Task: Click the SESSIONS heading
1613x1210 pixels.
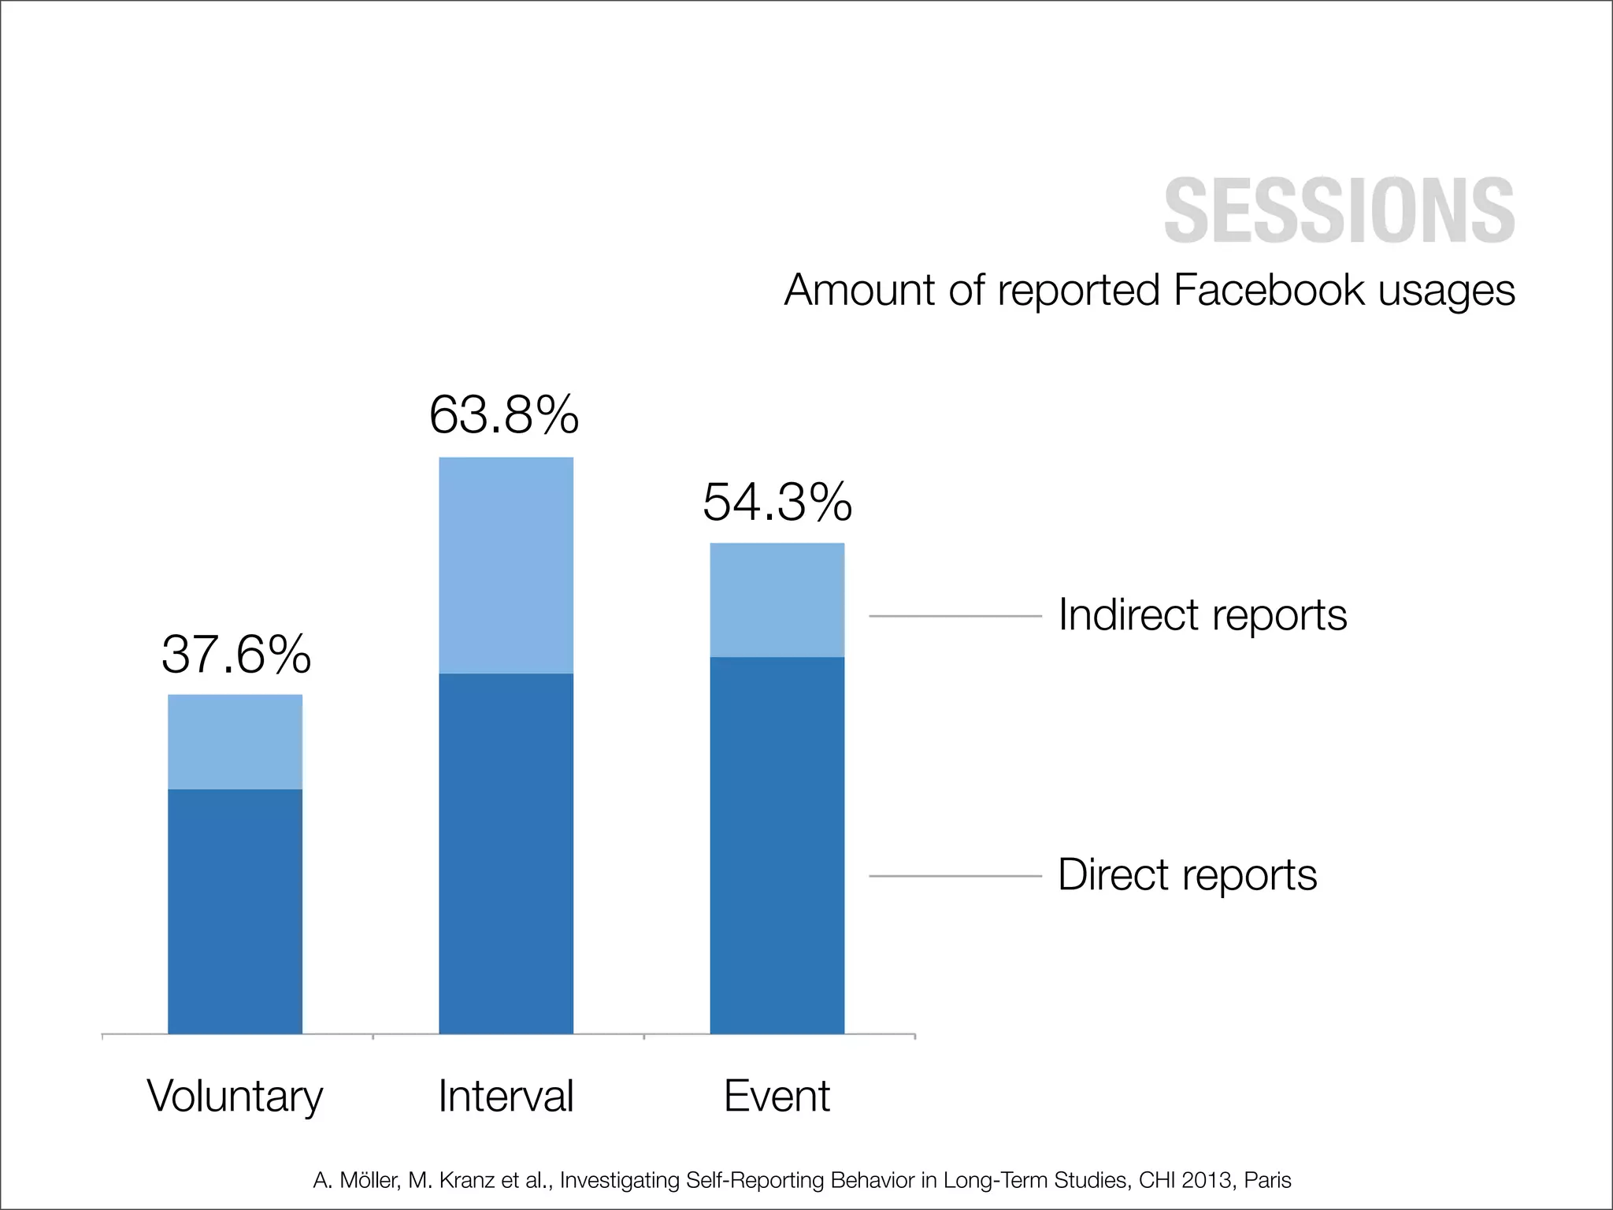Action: click(1339, 210)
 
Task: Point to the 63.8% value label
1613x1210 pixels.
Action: click(504, 415)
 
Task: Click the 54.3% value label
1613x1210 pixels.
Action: click(777, 502)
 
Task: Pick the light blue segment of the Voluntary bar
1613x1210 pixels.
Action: click(235, 741)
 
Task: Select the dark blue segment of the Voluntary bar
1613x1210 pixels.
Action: click(235, 911)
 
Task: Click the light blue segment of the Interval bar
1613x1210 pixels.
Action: click(506, 565)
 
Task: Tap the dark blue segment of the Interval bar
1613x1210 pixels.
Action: click(506, 853)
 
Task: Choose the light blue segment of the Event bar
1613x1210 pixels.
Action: click(777, 599)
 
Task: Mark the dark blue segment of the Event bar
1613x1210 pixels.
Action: click(777, 844)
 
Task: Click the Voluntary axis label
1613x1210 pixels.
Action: click(235, 1097)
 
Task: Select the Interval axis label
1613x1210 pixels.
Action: click(506, 1096)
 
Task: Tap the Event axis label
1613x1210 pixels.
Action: click(777, 1096)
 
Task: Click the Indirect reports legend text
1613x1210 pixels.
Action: click(1202, 614)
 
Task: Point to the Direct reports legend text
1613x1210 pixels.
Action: click(1187, 874)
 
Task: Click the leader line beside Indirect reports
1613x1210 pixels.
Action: click(955, 616)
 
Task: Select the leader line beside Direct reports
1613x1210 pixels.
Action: click(955, 876)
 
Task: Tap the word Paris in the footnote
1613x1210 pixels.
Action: click(1267, 1180)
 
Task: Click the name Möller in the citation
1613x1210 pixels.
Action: click(369, 1180)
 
